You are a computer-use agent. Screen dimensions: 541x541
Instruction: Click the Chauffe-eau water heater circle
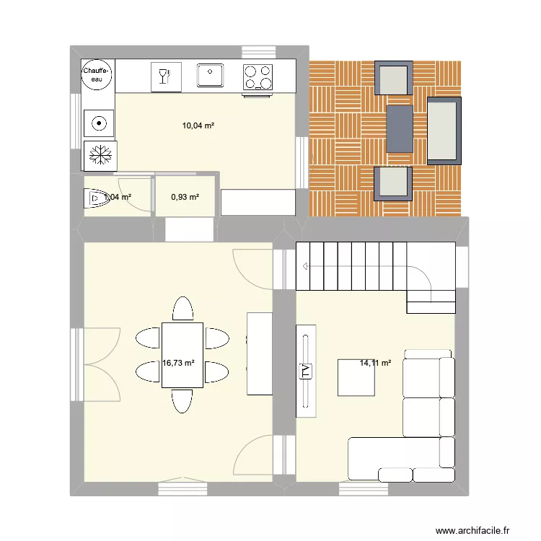coord(97,75)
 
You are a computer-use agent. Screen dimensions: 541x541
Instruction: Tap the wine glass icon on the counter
coord(166,76)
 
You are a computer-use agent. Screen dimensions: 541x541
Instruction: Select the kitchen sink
coord(211,75)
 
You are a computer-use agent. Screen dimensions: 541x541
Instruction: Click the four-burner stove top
coord(258,77)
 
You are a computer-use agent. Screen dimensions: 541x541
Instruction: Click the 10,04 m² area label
coord(198,126)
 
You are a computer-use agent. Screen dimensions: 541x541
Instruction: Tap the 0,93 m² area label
coord(185,196)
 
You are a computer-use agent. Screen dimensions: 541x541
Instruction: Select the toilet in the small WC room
coord(96,197)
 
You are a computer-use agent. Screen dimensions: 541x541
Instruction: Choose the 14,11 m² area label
coord(375,363)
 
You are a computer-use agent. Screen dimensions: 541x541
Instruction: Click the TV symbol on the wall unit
coord(305,371)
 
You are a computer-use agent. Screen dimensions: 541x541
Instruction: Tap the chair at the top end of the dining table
coord(182,309)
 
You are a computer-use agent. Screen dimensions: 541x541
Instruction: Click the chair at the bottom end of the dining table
coord(182,401)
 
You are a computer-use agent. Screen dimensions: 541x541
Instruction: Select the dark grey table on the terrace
coord(400,129)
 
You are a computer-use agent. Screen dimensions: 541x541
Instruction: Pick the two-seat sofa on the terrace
coord(444,130)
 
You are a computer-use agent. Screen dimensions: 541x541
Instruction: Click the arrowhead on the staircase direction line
coord(307,266)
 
